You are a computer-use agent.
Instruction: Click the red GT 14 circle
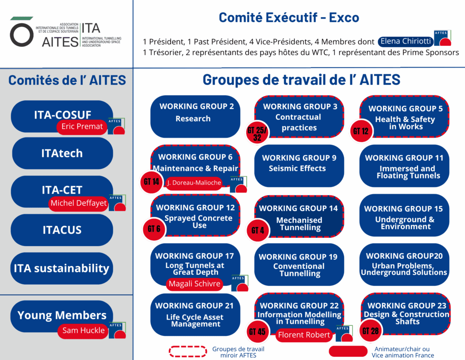tap(151, 182)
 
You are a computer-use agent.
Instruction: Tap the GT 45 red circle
tap(257, 332)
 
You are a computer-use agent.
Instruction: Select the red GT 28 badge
tap(371, 331)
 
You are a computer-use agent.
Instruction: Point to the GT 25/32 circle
tap(257, 133)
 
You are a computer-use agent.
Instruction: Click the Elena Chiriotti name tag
tap(406, 41)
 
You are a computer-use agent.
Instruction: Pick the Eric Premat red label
tap(82, 127)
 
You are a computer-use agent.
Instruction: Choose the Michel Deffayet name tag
tap(79, 203)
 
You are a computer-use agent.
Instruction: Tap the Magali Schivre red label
tap(194, 284)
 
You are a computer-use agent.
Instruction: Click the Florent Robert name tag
tap(304, 335)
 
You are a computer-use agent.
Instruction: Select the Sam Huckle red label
tap(84, 330)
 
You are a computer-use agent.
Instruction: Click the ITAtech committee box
tap(62, 153)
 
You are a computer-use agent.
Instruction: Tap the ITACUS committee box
tap(62, 230)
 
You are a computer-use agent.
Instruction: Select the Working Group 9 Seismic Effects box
tap(299, 166)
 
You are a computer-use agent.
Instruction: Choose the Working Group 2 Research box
tap(195, 117)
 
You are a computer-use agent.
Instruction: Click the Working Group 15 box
tap(404, 215)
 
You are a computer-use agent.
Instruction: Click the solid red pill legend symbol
tap(348, 351)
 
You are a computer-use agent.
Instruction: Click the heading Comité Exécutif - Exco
tap(289, 18)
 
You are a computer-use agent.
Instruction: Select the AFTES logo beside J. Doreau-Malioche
tap(238, 184)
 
